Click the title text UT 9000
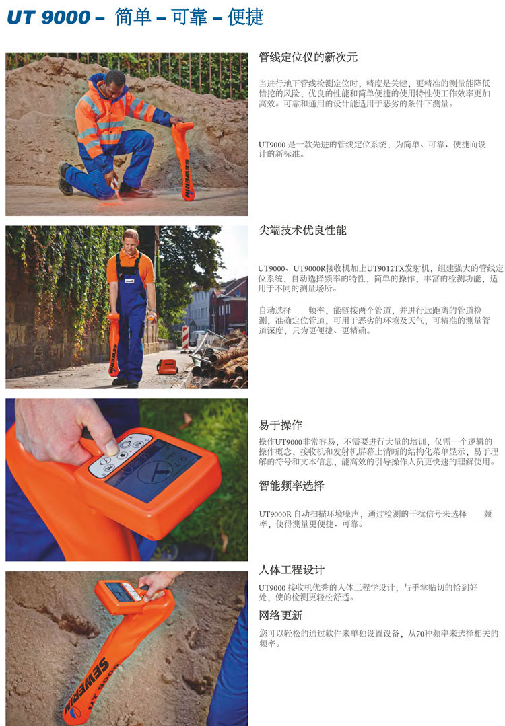48,17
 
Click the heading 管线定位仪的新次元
308,57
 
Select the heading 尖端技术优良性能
302,230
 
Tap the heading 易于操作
280,425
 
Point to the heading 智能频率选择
292,485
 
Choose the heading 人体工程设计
292,569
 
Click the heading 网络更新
280,616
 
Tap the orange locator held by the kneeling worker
184,159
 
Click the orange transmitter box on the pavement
167,367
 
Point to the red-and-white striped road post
185,338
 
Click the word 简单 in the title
133,17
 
